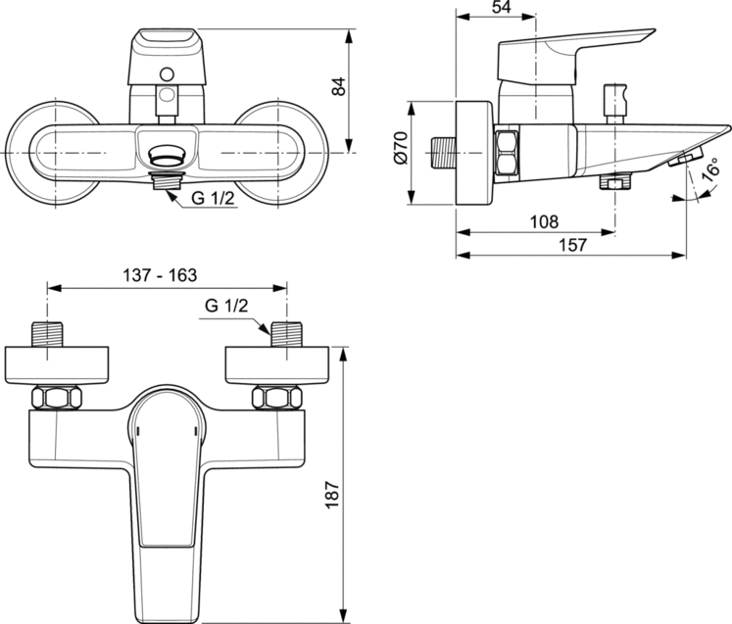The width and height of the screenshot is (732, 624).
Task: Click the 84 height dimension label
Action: (339, 86)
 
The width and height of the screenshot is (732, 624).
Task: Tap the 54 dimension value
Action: (502, 7)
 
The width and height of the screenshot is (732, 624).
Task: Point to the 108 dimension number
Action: (544, 221)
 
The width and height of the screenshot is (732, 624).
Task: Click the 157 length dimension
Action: (573, 245)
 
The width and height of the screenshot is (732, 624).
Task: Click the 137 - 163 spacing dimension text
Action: (160, 275)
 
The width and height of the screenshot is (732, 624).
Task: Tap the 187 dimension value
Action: (332, 495)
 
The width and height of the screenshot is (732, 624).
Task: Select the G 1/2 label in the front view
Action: (213, 198)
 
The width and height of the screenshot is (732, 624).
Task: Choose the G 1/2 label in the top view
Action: (226, 306)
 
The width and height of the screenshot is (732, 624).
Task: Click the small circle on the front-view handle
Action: (167, 74)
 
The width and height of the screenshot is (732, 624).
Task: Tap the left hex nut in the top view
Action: (57, 398)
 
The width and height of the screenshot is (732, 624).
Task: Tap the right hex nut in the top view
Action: (277, 398)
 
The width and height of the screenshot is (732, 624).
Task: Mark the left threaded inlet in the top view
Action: (47, 334)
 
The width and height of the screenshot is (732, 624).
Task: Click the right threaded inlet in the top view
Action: (287, 334)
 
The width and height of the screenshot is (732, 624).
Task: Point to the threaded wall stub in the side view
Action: (443, 153)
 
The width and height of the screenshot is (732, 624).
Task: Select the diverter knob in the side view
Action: (614, 104)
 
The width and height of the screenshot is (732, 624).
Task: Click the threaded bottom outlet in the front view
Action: (167, 180)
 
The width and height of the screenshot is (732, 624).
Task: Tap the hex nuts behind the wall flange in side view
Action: (507, 153)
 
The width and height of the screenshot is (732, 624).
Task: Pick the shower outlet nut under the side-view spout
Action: (615, 181)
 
